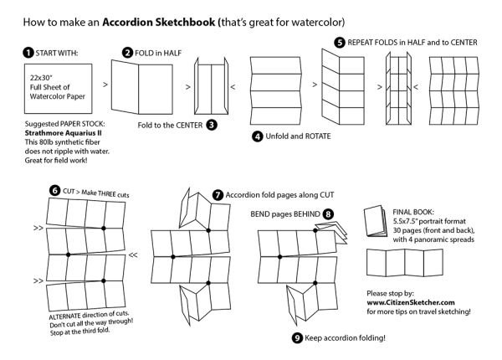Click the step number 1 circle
[x=28, y=53]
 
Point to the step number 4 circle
[x=257, y=136]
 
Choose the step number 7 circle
[x=218, y=193]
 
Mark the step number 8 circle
[x=329, y=214]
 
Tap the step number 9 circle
[x=297, y=337]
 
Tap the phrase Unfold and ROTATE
[x=297, y=136]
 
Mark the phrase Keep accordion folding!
[x=341, y=337]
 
